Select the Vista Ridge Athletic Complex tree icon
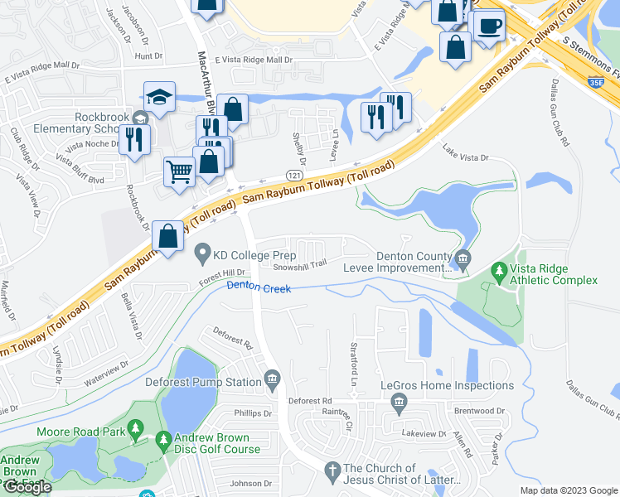(499, 269)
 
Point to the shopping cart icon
(178, 172)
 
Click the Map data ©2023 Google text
(568, 490)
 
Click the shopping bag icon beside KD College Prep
(168, 237)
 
